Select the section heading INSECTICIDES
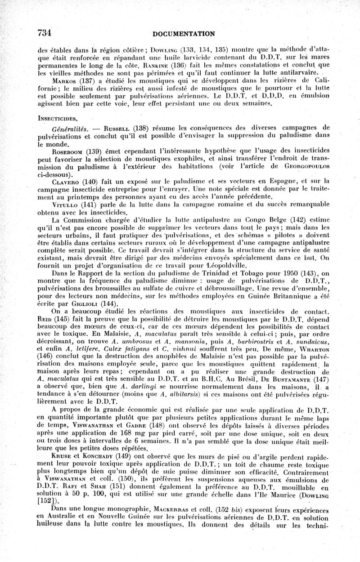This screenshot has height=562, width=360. pos(57,118)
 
